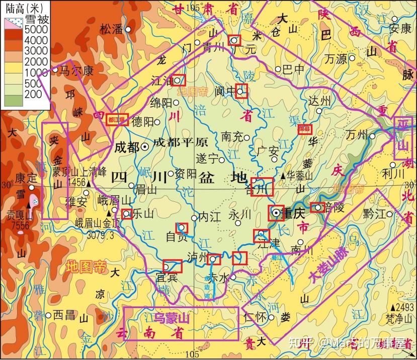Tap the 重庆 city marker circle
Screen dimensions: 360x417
click(276, 213)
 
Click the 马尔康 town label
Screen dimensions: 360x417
click(77, 71)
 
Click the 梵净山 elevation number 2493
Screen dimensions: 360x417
click(404, 308)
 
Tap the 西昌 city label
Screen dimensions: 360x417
click(64, 315)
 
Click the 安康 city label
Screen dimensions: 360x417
click(400, 28)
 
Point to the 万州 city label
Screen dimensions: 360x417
click(357, 135)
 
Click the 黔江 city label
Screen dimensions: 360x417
click(374, 213)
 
